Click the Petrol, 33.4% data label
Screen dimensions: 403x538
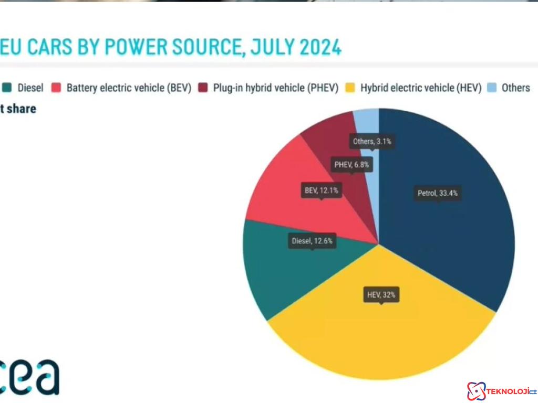pyautogui.click(x=438, y=193)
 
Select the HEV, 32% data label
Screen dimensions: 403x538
pyautogui.click(x=381, y=295)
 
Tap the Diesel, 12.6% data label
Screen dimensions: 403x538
pyautogui.click(x=313, y=241)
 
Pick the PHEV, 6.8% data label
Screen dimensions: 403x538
pyautogui.click(x=351, y=165)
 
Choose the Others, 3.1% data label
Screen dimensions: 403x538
pyautogui.click(x=372, y=141)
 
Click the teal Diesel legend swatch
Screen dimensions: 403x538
pyautogui.click(x=7, y=88)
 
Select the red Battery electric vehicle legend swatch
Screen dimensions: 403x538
pyautogui.click(x=56, y=88)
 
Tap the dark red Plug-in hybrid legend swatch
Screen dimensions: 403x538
pyautogui.click(x=203, y=88)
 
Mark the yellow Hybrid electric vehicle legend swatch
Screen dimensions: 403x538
pyautogui.click(x=350, y=88)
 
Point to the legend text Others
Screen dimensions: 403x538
pyautogui.click(x=515, y=88)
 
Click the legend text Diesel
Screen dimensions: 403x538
pyautogui.click(x=30, y=88)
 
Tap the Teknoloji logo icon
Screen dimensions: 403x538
pyautogui.click(x=476, y=391)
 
